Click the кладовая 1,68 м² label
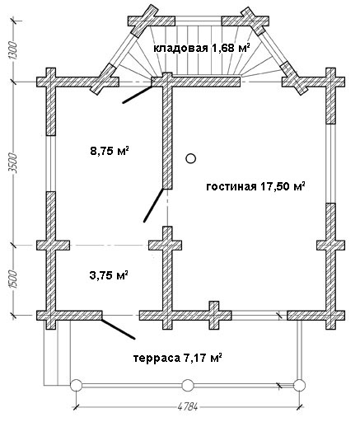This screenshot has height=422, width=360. (x=202, y=48)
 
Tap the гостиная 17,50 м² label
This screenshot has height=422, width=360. (x=256, y=186)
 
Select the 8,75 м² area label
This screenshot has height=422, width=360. (x=110, y=151)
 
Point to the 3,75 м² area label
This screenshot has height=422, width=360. (x=110, y=274)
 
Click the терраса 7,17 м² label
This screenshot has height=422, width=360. (x=178, y=358)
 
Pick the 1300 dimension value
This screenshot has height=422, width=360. (x=13, y=51)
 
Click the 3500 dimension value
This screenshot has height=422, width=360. (x=13, y=163)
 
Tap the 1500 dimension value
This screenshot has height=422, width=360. (x=13, y=279)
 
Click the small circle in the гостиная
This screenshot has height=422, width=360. (x=190, y=158)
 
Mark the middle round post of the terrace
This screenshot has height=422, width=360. (x=188, y=385)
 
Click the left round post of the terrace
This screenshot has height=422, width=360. (x=76, y=385)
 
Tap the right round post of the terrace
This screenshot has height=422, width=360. (x=299, y=385)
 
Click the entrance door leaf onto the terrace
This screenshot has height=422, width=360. (x=118, y=329)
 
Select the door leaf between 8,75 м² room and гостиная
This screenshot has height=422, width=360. (x=153, y=204)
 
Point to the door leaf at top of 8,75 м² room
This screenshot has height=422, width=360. (x=138, y=95)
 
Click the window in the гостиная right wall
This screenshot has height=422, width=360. (x=330, y=163)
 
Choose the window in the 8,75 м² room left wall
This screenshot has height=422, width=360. (x=51, y=163)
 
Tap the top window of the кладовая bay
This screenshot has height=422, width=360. (x=198, y=21)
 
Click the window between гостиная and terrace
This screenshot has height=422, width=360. (x=259, y=316)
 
